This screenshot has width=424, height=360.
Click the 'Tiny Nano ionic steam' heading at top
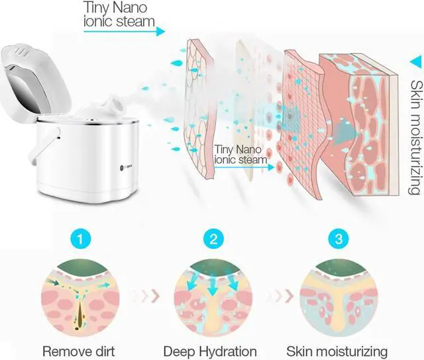coord(119,14)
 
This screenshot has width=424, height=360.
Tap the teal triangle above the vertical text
coord(415,62)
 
